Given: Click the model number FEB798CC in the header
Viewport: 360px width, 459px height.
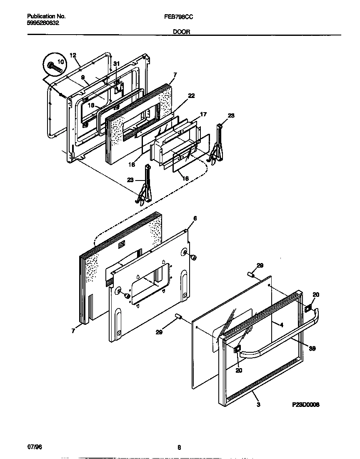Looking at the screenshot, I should click(180, 17).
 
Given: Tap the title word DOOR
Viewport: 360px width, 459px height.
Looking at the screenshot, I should click(180, 31).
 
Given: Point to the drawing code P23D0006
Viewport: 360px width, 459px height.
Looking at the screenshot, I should click(305, 404).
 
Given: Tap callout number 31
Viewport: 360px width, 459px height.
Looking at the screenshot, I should click(117, 63).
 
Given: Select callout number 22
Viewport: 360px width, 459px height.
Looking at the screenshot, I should click(191, 95).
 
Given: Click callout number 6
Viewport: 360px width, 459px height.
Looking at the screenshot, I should click(195, 218).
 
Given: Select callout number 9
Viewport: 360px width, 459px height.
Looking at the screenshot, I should click(82, 78).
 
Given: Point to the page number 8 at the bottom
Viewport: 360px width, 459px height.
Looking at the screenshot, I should click(179, 448).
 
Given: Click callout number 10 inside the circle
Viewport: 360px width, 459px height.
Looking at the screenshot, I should click(60, 61).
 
